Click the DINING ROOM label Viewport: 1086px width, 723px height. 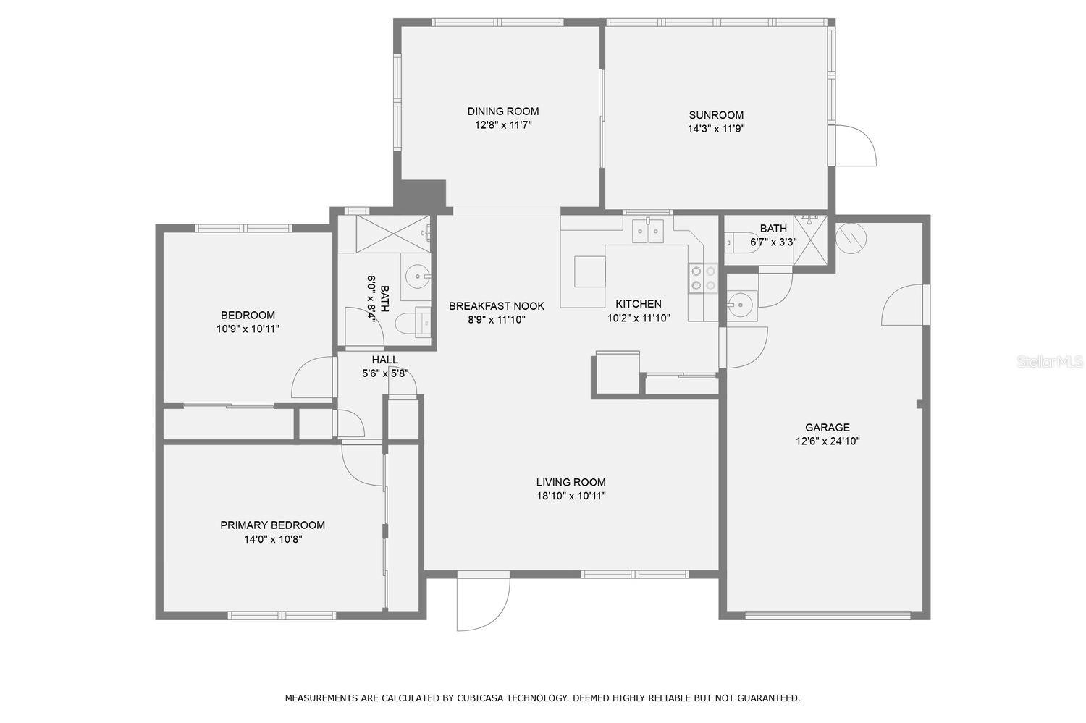[502, 111]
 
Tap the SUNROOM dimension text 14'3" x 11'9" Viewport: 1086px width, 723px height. [716, 129]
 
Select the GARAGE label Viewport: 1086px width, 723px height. [827, 428]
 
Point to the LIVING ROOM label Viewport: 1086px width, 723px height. [571, 482]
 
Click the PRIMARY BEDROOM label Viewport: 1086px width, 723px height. [272, 525]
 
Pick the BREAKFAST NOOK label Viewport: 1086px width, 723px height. [497, 306]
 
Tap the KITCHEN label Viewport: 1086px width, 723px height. [639, 304]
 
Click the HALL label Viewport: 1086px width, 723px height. [385, 360]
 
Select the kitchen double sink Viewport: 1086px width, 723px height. [648, 231]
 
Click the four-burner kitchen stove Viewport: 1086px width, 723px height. [703, 278]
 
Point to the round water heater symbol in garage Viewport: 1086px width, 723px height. [851, 237]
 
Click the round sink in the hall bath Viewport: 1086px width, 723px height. [418, 276]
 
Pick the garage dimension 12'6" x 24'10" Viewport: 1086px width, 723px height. [828, 441]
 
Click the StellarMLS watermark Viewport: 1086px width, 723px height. [1050, 362]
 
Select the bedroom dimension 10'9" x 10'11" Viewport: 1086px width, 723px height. [248, 329]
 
